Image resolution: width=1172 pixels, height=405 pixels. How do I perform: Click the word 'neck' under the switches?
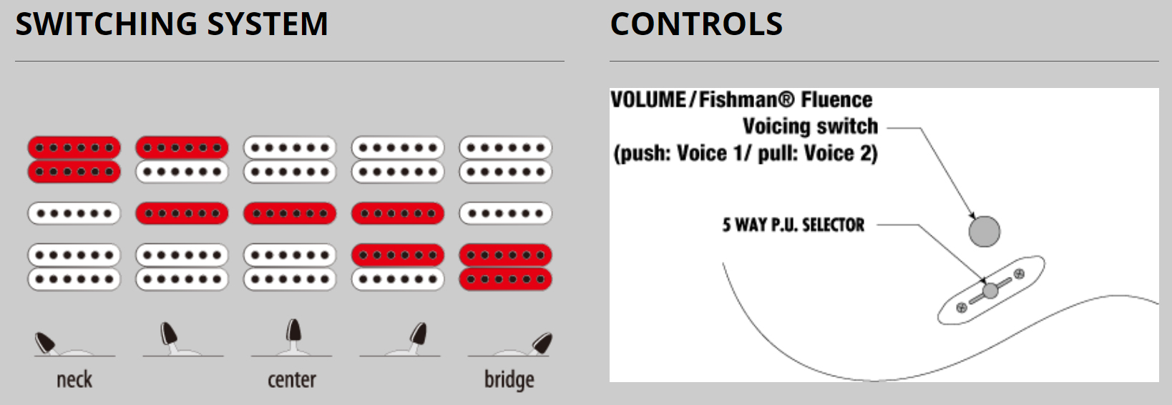coord(74,379)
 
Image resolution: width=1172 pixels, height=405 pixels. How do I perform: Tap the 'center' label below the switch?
coord(292,379)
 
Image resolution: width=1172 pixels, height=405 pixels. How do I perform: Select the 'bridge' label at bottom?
coord(509,380)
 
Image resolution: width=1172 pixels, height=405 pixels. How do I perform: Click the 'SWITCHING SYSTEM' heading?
coord(172,24)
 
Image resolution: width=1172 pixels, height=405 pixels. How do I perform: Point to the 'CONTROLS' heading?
coord(696,24)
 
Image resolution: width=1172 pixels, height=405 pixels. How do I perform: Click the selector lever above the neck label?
coord(46,341)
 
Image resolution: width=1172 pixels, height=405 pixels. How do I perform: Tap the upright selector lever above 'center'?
coord(293,331)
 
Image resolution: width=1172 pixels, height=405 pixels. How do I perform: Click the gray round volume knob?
coord(984,231)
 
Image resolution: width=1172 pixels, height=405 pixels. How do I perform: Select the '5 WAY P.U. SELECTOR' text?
coord(793,225)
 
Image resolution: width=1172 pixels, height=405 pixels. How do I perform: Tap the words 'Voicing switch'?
coord(810,127)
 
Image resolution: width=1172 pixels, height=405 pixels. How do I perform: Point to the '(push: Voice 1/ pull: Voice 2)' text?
coord(745,154)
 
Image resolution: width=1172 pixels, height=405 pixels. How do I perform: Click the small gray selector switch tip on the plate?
coord(990,291)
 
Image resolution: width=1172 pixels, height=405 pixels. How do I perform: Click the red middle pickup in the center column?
coord(290,213)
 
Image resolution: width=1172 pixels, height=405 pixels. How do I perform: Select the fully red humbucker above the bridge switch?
coord(505,267)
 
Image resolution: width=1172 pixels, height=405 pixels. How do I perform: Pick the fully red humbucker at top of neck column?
coord(74,160)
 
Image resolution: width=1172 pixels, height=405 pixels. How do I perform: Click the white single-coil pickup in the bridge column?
coord(505,213)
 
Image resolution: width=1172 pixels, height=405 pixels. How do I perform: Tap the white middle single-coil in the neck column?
coord(74,213)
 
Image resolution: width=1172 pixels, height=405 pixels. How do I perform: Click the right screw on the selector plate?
coord(1019,274)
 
